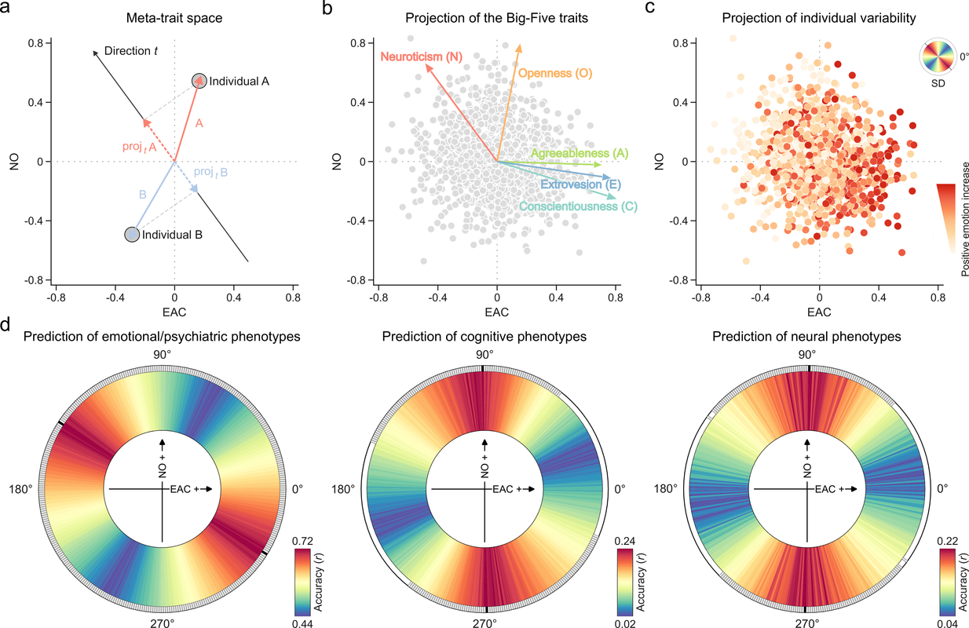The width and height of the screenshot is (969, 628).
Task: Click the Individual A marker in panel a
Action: (x=199, y=81)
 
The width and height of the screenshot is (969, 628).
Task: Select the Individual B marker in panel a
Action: (x=133, y=234)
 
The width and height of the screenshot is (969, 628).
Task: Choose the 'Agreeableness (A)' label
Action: (x=573, y=153)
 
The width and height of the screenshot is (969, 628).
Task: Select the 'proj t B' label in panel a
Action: (x=211, y=172)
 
